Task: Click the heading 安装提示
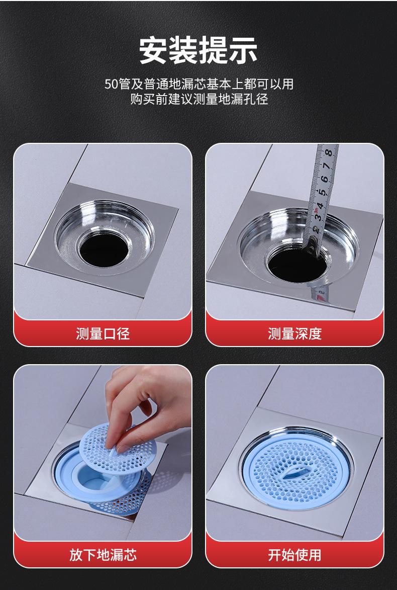pos(198,50)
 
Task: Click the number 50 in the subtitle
pos(111,84)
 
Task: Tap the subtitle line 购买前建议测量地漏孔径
pos(199,99)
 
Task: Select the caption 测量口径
pos(103,333)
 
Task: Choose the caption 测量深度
pos(295,333)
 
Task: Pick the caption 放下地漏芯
pos(103,555)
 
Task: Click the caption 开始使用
pos(295,555)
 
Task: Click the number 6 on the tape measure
pos(325,180)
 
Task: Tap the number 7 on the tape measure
pos(327,166)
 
